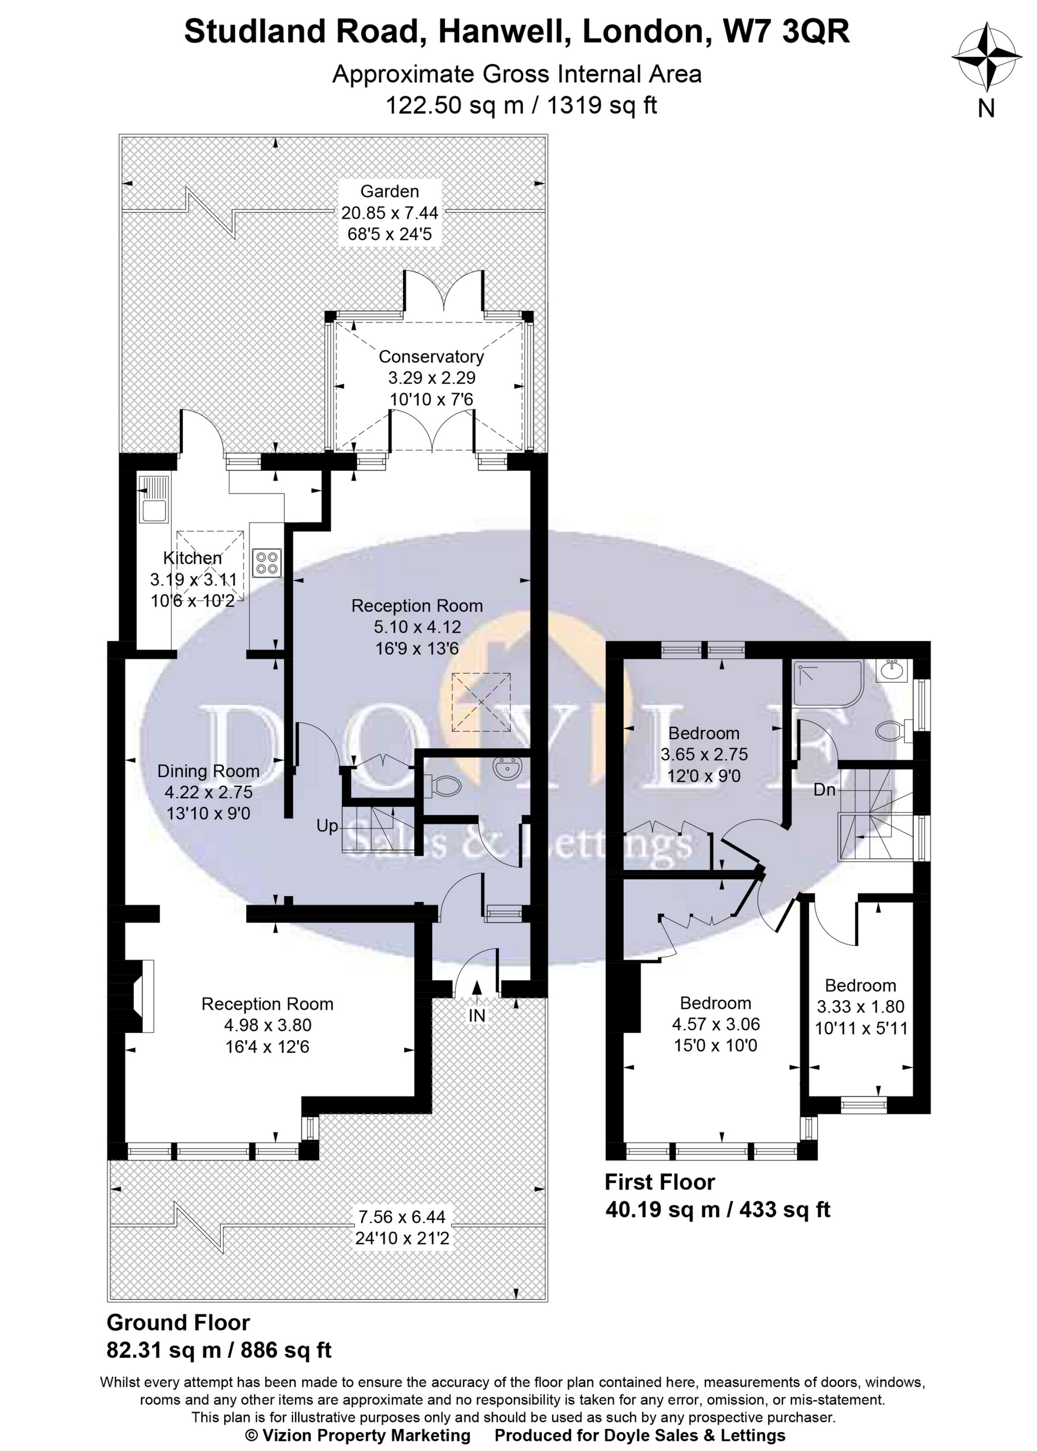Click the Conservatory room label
(x=431, y=357)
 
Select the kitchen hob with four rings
(x=267, y=562)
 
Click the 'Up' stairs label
(x=327, y=826)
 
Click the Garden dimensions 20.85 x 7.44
(x=390, y=213)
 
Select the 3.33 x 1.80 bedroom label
(x=860, y=1006)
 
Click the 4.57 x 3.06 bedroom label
(x=715, y=1024)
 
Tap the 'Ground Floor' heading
(x=178, y=1322)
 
